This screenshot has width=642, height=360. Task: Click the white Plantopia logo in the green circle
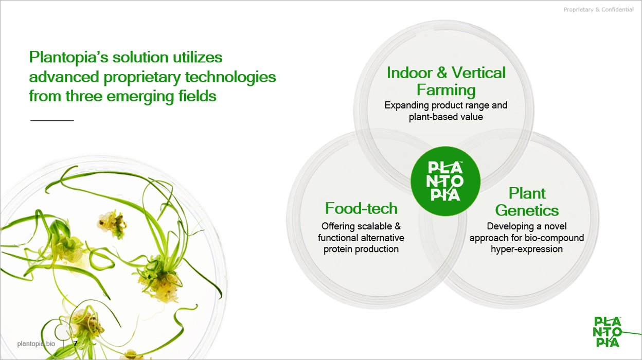445,181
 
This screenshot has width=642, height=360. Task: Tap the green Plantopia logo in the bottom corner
608,332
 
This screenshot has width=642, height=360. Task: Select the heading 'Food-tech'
361,208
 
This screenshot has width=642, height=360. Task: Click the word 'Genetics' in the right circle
527,210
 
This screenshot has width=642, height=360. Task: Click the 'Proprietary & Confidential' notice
598,9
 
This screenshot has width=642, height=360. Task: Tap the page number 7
75,343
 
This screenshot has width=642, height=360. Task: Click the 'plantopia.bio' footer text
36,344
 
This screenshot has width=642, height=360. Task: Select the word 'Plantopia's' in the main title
68,57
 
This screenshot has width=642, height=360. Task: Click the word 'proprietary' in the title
142,77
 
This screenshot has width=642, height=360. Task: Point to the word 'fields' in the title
197,96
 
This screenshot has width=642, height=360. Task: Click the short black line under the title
52,121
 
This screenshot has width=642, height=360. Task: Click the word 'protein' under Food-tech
338,249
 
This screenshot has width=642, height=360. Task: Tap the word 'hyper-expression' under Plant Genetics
527,249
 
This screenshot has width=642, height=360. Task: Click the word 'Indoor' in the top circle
409,73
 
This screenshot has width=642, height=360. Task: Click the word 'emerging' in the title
140,97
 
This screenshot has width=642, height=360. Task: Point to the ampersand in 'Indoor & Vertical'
442,73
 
